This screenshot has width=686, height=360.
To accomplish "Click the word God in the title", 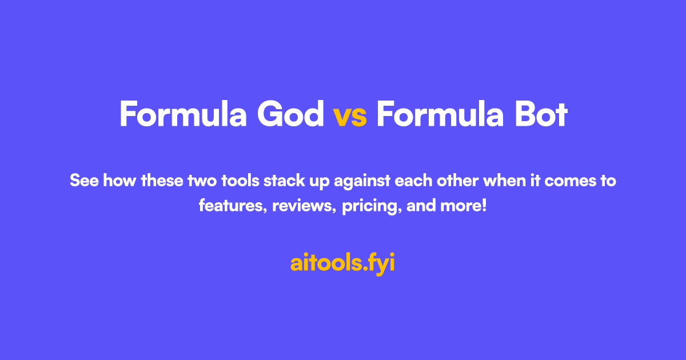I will pyautogui.click(x=290, y=114).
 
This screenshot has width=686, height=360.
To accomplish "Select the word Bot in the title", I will pyautogui.click(x=539, y=114).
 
